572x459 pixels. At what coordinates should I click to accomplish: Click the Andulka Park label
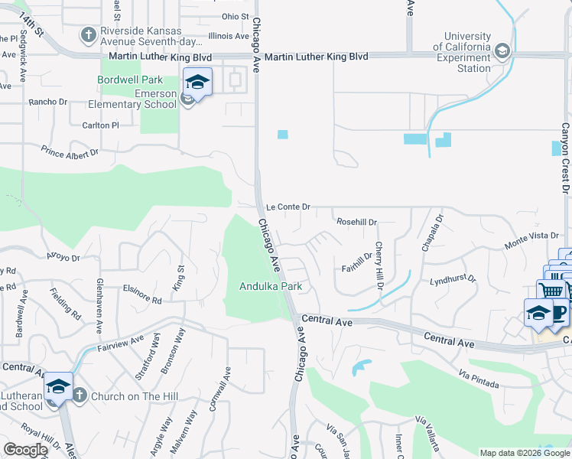(x=271, y=287)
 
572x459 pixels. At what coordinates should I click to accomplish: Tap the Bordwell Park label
(x=130, y=80)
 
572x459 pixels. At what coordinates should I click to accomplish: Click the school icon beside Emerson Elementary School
(x=197, y=83)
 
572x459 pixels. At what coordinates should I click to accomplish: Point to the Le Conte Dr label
(x=288, y=207)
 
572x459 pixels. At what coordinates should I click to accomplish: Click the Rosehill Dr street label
(x=357, y=222)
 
